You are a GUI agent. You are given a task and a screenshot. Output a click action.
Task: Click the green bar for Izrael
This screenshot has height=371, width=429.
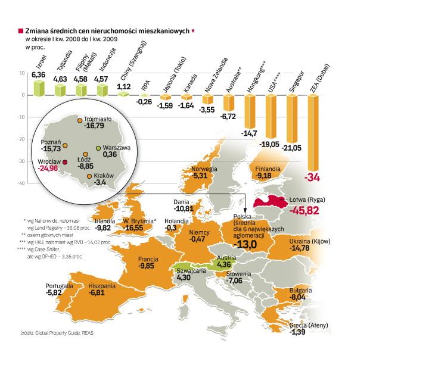[39, 88]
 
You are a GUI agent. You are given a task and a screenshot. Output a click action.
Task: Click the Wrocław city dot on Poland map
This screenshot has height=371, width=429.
[65, 161]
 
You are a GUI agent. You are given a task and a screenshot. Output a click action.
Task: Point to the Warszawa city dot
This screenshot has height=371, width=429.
[98, 147]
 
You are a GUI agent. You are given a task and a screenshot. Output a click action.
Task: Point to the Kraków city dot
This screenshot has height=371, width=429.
[89, 176]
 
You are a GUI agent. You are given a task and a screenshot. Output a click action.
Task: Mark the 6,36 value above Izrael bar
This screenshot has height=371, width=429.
[39, 74]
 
